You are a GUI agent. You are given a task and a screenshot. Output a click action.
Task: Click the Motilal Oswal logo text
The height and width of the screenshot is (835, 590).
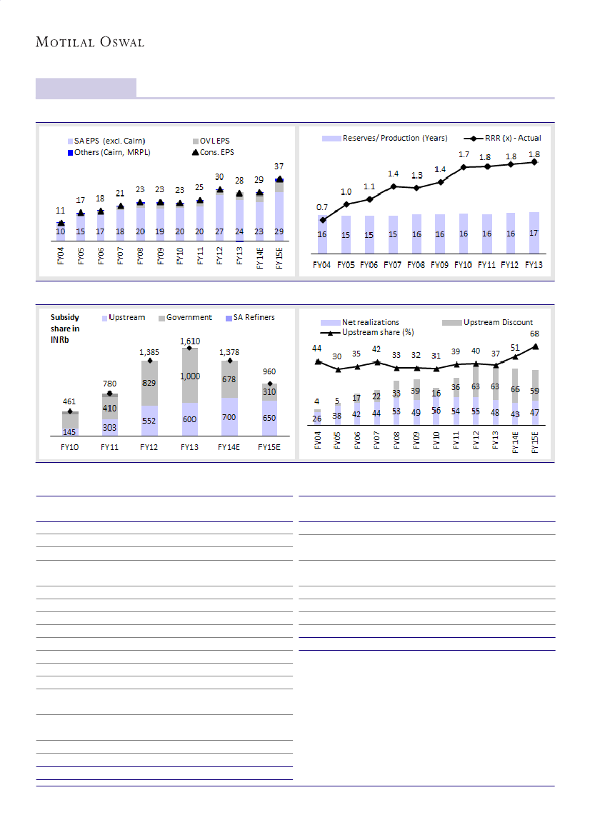[x=90, y=42]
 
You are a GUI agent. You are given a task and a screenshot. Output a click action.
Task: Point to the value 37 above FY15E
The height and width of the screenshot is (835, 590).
[x=280, y=166]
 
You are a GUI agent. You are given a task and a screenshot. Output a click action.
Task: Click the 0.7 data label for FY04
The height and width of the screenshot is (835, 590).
[x=322, y=207]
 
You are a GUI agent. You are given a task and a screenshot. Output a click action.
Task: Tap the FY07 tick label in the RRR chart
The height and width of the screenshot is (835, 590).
[x=393, y=264]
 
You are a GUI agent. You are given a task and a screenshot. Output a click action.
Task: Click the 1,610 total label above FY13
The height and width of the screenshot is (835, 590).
[x=189, y=341]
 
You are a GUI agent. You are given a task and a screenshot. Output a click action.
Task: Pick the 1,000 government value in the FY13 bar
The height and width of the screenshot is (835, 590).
[x=189, y=376]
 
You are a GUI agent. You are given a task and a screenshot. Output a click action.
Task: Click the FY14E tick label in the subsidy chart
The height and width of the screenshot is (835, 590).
[x=229, y=447]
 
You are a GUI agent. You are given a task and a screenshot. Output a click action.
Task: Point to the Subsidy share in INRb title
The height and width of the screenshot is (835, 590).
[x=65, y=329]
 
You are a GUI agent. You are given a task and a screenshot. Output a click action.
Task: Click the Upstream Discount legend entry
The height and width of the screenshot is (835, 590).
[x=497, y=322]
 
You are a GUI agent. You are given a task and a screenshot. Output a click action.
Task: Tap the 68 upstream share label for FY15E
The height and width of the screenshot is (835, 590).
[x=534, y=334]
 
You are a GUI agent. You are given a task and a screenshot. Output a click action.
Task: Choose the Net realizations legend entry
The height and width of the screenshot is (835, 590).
[x=370, y=322]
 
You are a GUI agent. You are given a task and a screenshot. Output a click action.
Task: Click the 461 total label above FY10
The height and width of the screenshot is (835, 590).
[x=69, y=402]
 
